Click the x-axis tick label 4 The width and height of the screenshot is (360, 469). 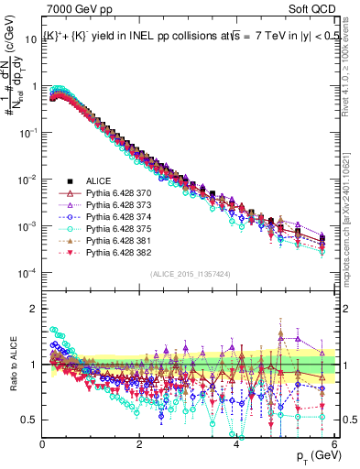[236, 444]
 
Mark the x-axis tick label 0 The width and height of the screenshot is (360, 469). [42, 444]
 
